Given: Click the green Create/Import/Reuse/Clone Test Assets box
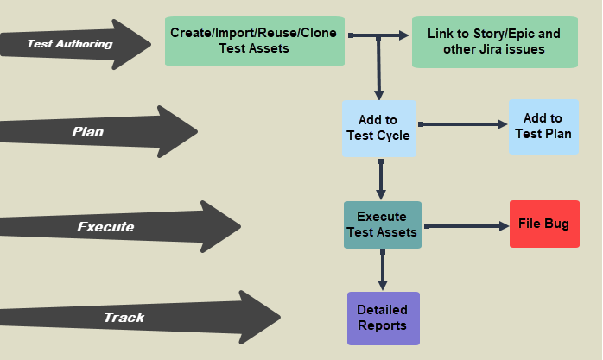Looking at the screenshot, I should click(x=254, y=41).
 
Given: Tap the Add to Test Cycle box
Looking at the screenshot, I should click(x=378, y=128).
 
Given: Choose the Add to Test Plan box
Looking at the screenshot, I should click(x=543, y=126).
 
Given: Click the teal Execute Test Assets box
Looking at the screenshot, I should click(x=382, y=224).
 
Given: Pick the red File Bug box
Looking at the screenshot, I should click(x=543, y=224).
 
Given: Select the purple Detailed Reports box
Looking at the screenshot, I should click(x=382, y=318).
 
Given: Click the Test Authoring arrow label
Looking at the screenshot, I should click(x=69, y=43).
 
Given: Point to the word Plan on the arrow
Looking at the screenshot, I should click(x=87, y=132).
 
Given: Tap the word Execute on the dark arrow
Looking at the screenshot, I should click(x=105, y=227).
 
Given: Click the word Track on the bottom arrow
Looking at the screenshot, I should click(x=124, y=317).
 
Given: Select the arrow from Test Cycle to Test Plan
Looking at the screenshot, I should click(x=461, y=124).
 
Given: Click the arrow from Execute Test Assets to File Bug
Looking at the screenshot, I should click(x=465, y=225).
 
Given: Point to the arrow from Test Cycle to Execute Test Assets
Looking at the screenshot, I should click(x=381, y=179).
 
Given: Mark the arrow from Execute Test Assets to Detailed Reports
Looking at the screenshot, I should click(x=382, y=269).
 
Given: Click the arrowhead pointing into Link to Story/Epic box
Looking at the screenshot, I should click(x=404, y=35).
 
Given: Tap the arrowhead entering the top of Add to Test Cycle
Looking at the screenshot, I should click(x=378, y=94).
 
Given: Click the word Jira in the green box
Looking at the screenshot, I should click(x=501, y=49).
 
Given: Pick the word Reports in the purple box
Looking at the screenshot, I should click(x=382, y=325).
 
